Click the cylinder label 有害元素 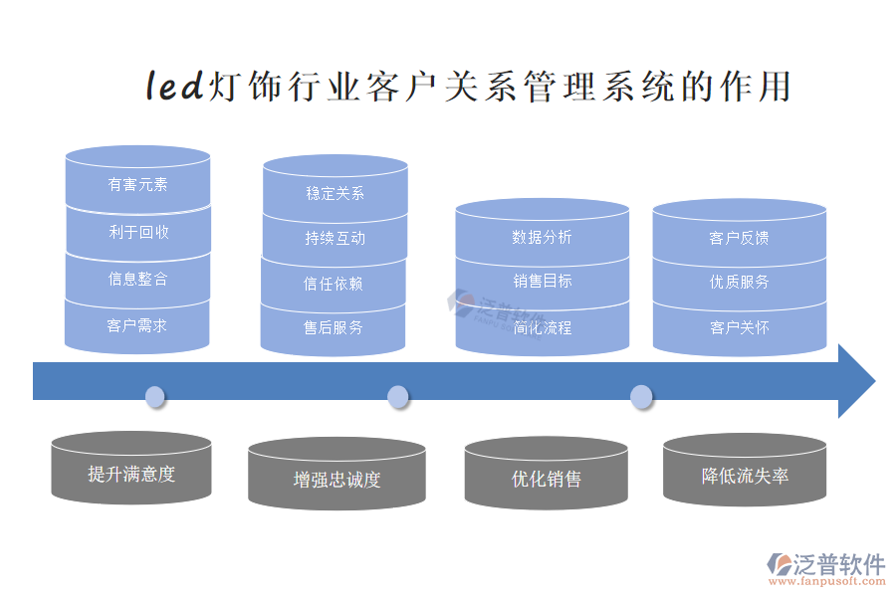coord(137,184)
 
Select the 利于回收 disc coord(137,232)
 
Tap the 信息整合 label coord(137,279)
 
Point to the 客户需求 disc coord(137,325)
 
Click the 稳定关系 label coord(335,193)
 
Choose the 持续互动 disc coord(335,238)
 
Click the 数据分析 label coord(542,237)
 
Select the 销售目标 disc coord(542,281)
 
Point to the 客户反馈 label coord(739,238)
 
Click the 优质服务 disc coord(739,282)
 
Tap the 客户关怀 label coord(739,326)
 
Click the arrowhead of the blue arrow coord(855,381)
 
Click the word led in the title coord(175,87)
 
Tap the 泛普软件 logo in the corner coord(825,568)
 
